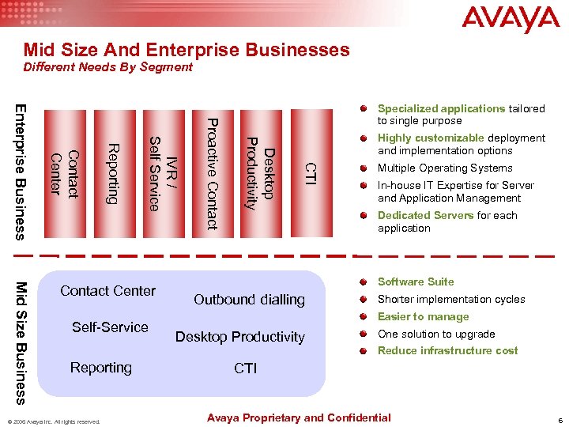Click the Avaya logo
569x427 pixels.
[x=510, y=20]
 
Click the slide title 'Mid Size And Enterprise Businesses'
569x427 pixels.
[x=187, y=50]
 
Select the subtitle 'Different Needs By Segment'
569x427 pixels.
[x=107, y=67]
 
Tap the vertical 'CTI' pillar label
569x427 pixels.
[x=311, y=175]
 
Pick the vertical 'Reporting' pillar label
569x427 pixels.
[x=113, y=173]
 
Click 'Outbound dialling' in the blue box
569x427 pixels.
[x=249, y=300]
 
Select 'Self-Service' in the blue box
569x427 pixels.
[x=110, y=327]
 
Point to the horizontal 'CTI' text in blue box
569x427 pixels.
[x=245, y=368]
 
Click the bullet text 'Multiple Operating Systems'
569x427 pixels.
[x=445, y=168]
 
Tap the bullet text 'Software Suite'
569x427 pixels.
[x=416, y=282]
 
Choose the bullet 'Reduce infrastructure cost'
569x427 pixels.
[x=447, y=351]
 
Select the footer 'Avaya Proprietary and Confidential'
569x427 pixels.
[x=299, y=418]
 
